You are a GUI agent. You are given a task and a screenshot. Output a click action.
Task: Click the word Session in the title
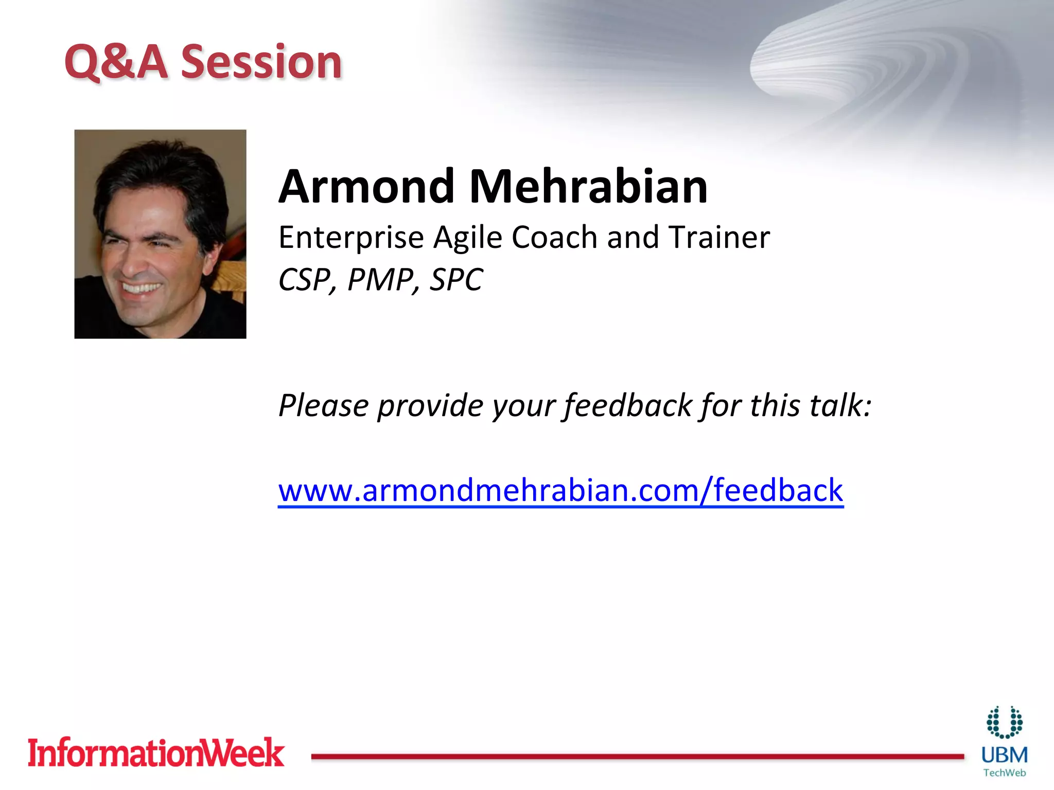261,62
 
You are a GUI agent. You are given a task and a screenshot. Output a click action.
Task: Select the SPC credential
456,280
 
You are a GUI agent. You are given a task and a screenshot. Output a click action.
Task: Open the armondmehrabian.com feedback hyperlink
560,490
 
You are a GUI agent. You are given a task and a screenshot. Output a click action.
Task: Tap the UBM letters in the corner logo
1004,756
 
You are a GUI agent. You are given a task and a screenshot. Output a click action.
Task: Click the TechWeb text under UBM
1004,773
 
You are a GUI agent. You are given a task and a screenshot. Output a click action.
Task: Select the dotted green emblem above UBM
1004,722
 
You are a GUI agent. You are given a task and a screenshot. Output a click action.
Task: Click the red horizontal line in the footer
637,757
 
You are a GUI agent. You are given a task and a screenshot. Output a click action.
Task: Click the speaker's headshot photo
160,234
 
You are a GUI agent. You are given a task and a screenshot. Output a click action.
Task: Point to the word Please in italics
323,406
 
